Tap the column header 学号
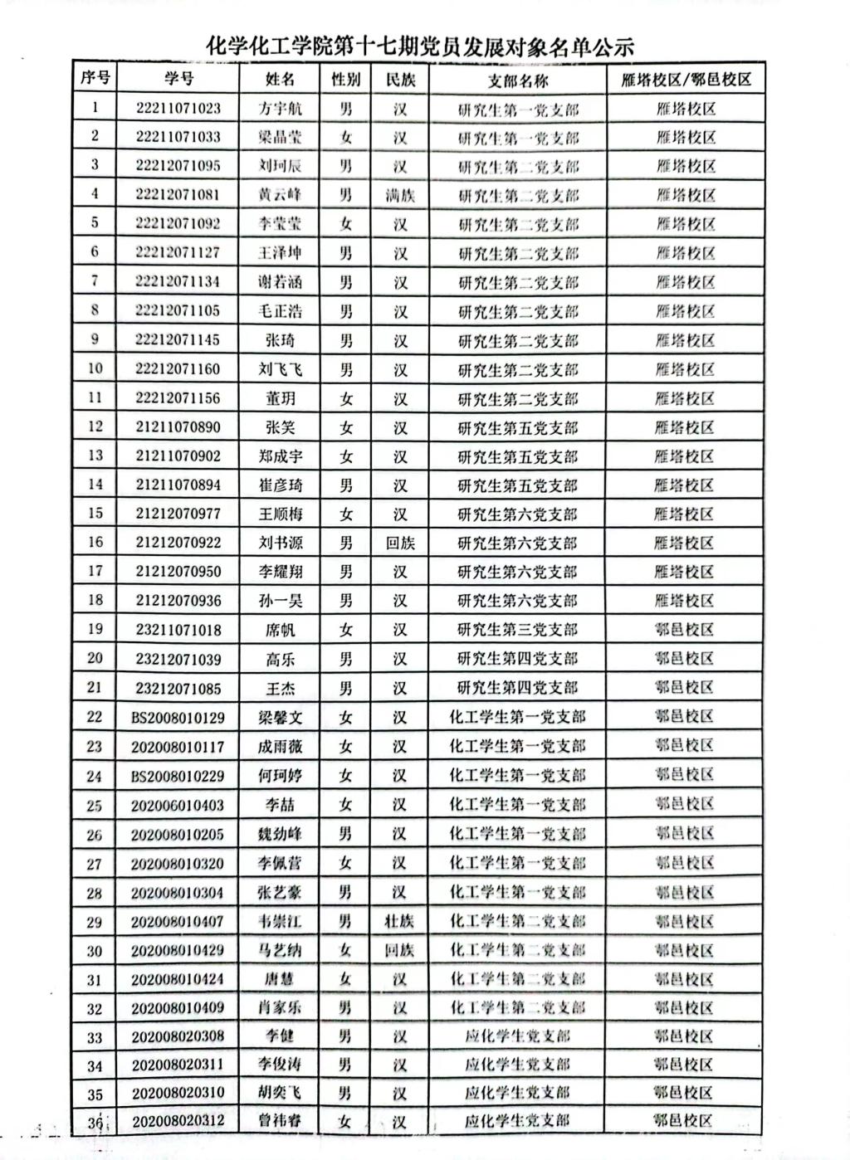(x=178, y=79)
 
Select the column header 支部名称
(x=517, y=80)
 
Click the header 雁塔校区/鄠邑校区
(x=686, y=80)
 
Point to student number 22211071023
(x=178, y=108)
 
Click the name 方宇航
(x=280, y=109)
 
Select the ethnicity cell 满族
(x=400, y=195)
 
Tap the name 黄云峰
(x=280, y=195)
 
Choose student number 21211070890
(x=178, y=426)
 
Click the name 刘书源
(x=280, y=543)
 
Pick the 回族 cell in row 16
(x=400, y=543)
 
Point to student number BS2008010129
(x=178, y=717)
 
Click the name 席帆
(x=280, y=630)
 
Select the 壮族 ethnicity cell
(x=399, y=921)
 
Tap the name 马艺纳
(x=280, y=950)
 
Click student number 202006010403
(x=178, y=805)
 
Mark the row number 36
(x=95, y=1123)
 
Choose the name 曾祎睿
(x=280, y=1122)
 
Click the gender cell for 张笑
(x=346, y=427)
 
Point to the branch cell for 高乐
(x=517, y=659)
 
